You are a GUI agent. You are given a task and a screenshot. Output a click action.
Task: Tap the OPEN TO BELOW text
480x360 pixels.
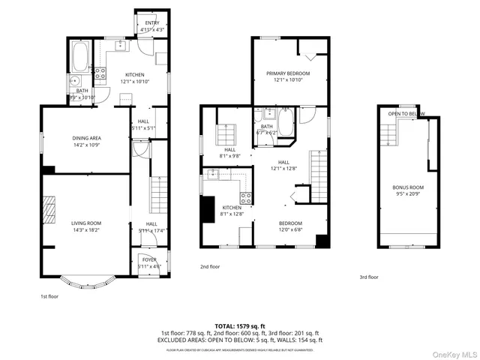pos(406,114)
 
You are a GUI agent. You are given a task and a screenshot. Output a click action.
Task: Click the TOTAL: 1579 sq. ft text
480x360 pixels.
pos(240,326)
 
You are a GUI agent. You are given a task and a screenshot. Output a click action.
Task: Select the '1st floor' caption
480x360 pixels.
pos(49,296)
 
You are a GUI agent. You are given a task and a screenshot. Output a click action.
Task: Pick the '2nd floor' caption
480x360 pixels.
pos(210,266)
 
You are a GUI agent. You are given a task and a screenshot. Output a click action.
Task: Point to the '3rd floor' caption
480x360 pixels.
pos(368,277)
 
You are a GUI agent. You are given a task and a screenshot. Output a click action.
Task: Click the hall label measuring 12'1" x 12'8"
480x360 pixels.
pos(283,165)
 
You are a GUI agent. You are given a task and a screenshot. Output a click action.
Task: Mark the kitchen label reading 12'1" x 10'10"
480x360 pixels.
pos(135,78)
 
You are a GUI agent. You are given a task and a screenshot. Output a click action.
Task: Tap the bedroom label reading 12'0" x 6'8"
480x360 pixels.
pos(290,226)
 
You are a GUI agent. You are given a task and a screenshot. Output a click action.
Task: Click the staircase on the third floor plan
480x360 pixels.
pos(387,135)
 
